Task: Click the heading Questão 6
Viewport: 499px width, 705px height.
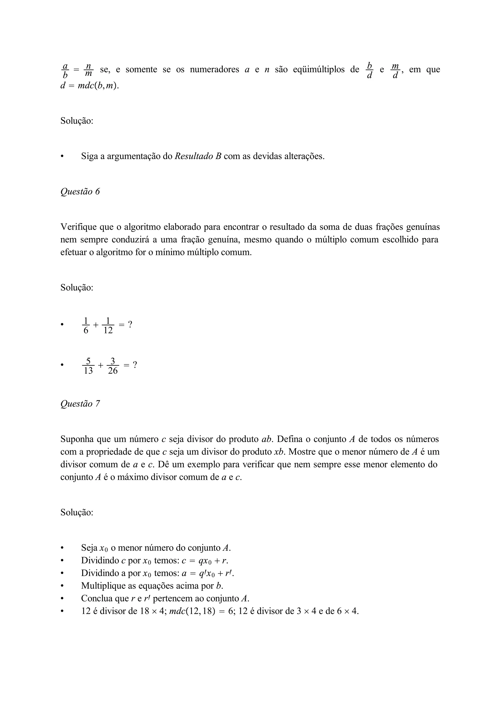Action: click(x=80, y=192)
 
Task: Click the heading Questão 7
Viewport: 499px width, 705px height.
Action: click(x=80, y=404)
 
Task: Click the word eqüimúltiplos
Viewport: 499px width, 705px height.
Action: click(x=318, y=70)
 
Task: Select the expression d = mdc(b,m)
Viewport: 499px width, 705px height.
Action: click(x=89, y=86)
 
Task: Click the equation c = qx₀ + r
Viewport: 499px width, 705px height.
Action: click(x=205, y=561)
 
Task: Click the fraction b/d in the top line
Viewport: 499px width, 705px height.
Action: click(x=370, y=70)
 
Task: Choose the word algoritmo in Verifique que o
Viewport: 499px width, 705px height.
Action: click(x=142, y=227)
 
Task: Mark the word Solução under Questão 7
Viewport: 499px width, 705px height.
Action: click(x=77, y=513)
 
